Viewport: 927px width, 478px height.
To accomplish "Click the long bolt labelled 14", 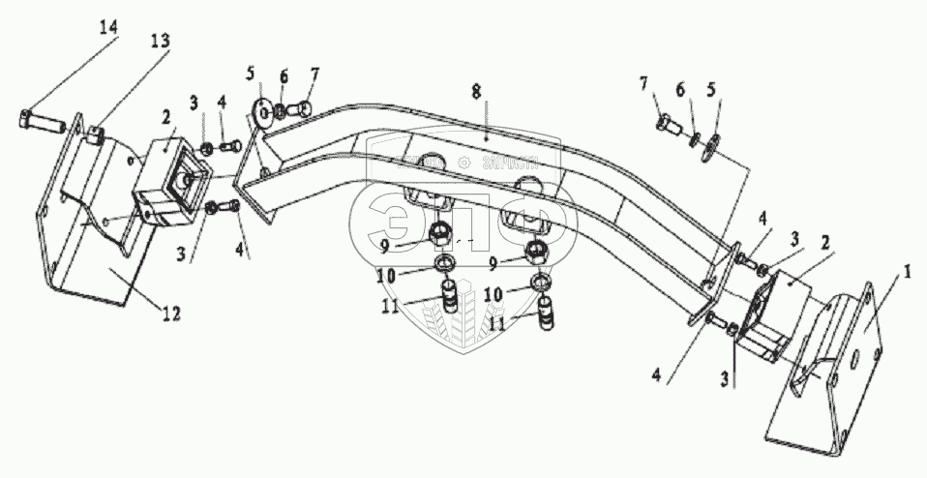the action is point(45,122).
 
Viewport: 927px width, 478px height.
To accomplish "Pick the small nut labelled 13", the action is point(95,133).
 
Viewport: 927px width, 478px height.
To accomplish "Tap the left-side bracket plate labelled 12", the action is point(87,252).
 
